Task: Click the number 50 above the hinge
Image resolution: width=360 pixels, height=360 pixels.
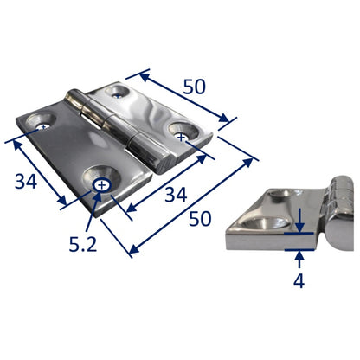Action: (195, 87)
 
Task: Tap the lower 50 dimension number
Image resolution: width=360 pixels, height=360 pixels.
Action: (200, 219)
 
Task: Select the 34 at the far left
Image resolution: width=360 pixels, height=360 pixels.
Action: (26, 182)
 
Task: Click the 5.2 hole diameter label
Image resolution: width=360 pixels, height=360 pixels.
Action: (83, 244)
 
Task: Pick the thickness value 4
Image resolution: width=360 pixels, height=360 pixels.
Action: (299, 280)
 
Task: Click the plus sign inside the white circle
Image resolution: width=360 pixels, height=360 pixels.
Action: (101, 185)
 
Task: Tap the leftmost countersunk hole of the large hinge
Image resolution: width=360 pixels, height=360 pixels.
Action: (40, 122)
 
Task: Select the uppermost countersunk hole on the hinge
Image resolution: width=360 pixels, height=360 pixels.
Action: (117, 91)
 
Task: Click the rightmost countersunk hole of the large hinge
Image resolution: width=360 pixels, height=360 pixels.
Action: (183, 132)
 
